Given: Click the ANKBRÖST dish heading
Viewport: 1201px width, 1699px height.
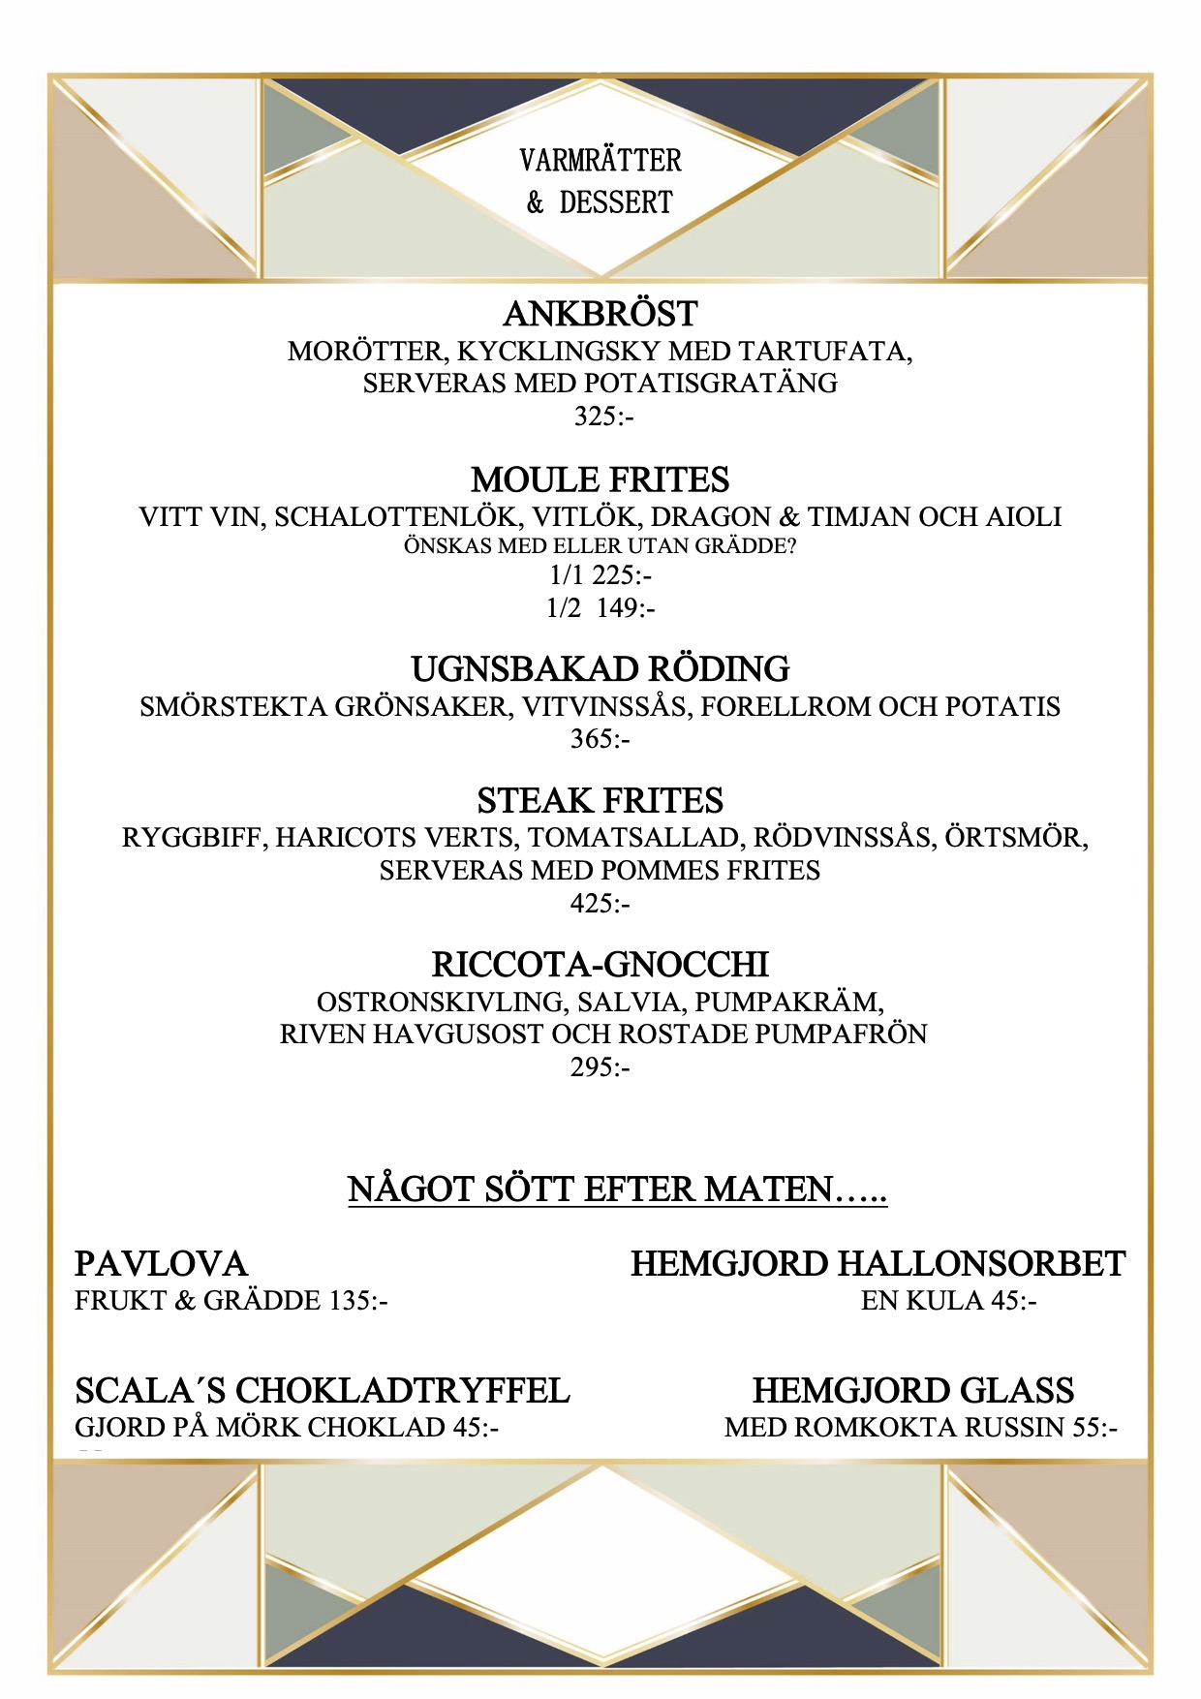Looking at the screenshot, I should pyautogui.click(x=600, y=314).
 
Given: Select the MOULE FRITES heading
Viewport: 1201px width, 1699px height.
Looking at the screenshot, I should pyautogui.click(x=600, y=479).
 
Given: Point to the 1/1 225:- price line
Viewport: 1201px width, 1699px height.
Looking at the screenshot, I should pyautogui.click(x=600, y=575).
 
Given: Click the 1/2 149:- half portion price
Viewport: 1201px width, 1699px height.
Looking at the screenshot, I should pyautogui.click(x=600, y=608).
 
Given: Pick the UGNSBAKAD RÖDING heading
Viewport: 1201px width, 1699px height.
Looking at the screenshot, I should pyautogui.click(x=600, y=668).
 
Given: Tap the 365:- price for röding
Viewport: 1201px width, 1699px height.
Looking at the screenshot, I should pyautogui.click(x=600, y=739).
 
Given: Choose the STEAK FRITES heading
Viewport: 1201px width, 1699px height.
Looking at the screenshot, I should pyautogui.click(x=600, y=800).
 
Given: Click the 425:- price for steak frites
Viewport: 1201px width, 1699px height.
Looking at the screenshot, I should pyautogui.click(x=600, y=904).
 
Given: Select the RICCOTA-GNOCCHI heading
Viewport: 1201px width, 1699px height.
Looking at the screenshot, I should pyautogui.click(x=600, y=965).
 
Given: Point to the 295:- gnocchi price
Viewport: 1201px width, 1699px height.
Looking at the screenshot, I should pyautogui.click(x=600, y=1067).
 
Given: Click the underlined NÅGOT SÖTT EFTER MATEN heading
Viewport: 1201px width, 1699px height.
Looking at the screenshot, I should pyautogui.click(x=617, y=1189).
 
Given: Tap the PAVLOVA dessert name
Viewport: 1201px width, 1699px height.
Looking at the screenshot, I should pyautogui.click(x=161, y=1264).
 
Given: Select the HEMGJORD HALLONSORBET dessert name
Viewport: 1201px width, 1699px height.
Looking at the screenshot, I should pyautogui.click(x=878, y=1264).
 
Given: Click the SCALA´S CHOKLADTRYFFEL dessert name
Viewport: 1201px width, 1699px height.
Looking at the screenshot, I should pyautogui.click(x=323, y=1391).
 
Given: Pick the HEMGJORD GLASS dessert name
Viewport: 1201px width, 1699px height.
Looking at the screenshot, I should pyautogui.click(x=913, y=1391).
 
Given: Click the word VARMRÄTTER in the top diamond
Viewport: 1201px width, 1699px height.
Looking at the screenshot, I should pyautogui.click(x=600, y=160).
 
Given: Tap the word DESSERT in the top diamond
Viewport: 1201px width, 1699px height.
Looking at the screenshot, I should pyautogui.click(x=616, y=202).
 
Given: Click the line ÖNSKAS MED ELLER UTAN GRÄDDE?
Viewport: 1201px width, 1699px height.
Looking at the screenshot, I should pyautogui.click(x=600, y=546).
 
